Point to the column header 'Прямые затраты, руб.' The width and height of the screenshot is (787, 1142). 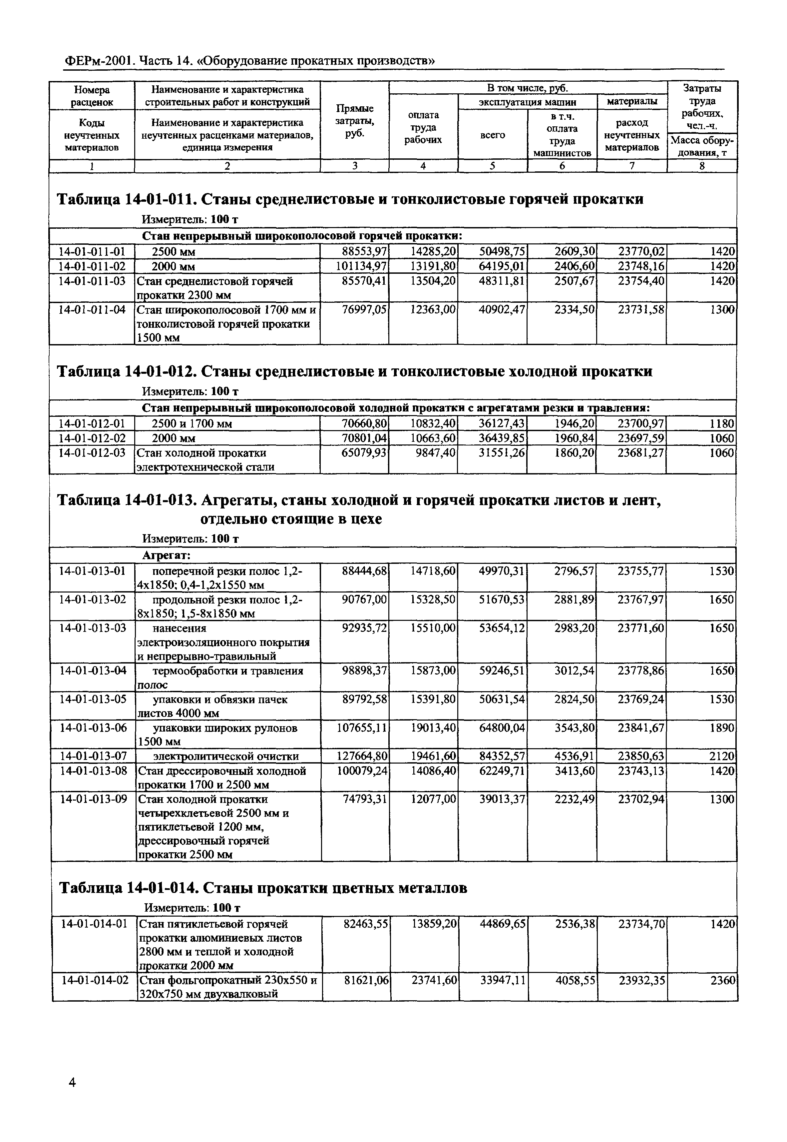click(355, 121)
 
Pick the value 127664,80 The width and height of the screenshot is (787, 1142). click(362, 756)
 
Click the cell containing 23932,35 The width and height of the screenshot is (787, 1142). click(641, 980)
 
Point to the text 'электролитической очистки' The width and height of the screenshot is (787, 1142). click(226, 756)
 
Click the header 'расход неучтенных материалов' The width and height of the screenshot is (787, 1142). click(632, 135)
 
